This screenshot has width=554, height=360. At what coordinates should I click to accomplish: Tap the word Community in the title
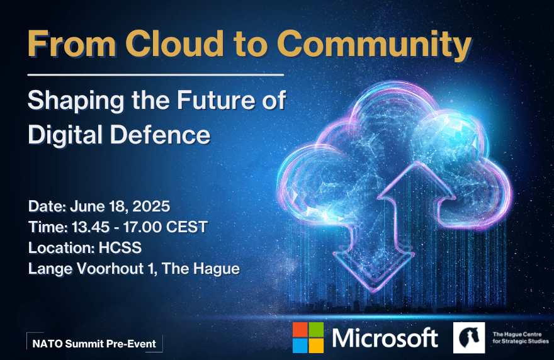pyautogui.click(x=374, y=46)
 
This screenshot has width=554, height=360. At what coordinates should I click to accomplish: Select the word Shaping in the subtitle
pyautogui.click(x=76, y=101)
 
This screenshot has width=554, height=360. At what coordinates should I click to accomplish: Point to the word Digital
pyautogui.click(x=65, y=135)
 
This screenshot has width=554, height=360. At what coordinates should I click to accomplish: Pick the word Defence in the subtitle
pyautogui.click(x=160, y=135)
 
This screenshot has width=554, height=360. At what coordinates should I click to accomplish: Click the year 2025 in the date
pyautogui.click(x=151, y=206)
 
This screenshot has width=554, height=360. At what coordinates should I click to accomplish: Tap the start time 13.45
pyautogui.click(x=91, y=227)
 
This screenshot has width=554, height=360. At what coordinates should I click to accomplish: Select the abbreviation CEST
pyautogui.click(x=186, y=227)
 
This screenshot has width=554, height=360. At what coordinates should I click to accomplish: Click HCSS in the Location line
pyautogui.click(x=120, y=247)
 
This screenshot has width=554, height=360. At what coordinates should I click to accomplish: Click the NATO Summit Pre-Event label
pyautogui.click(x=94, y=344)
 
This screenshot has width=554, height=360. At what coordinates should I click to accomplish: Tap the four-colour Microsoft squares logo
pyautogui.click(x=308, y=337)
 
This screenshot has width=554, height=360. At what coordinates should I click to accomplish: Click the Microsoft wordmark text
pyautogui.click(x=385, y=337)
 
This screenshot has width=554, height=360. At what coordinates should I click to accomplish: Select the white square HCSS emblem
pyautogui.click(x=469, y=337)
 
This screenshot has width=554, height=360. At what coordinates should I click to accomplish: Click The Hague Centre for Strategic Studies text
pyautogui.click(x=521, y=338)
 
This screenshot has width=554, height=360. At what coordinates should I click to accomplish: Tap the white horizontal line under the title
pyautogui.click(x=156, y=75)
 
